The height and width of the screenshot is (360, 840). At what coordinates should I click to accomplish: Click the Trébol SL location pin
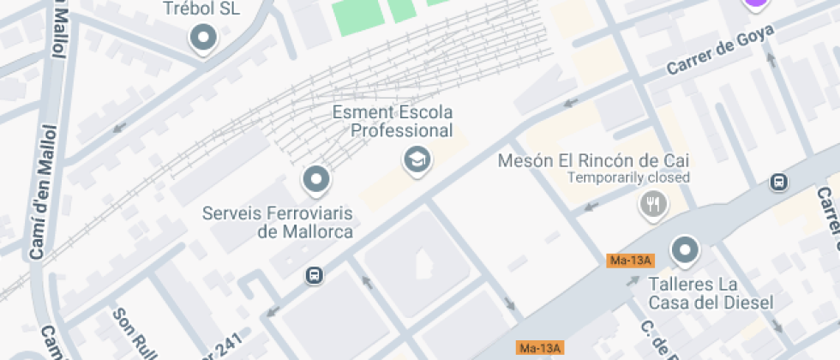[x=203, y=38]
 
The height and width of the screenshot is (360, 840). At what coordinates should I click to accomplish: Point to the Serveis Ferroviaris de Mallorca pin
[x=316, y=180]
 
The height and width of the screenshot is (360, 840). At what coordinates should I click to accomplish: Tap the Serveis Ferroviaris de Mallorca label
[x=278, y=221]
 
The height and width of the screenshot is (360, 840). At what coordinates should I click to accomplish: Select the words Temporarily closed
[x=628, y=178]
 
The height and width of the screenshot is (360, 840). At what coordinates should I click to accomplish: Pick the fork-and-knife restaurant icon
[x=653, y=204]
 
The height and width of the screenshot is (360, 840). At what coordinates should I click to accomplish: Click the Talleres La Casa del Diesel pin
[x=684, y=250]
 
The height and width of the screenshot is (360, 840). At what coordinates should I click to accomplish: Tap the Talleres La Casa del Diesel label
[x=711, y=292]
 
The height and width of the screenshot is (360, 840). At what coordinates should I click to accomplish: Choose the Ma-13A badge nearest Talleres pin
[x=629, y=261]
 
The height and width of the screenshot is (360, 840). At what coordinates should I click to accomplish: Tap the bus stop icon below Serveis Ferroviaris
[x=315, y=275]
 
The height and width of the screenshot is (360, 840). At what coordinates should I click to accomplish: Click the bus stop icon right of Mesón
[x=778, y=183]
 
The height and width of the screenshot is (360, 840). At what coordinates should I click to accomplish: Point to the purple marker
[x=755, y=3]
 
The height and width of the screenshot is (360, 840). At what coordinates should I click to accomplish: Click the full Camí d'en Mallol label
[x=44, y=192]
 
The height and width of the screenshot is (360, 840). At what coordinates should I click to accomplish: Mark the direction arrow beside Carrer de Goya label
[x=770, y=60]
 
